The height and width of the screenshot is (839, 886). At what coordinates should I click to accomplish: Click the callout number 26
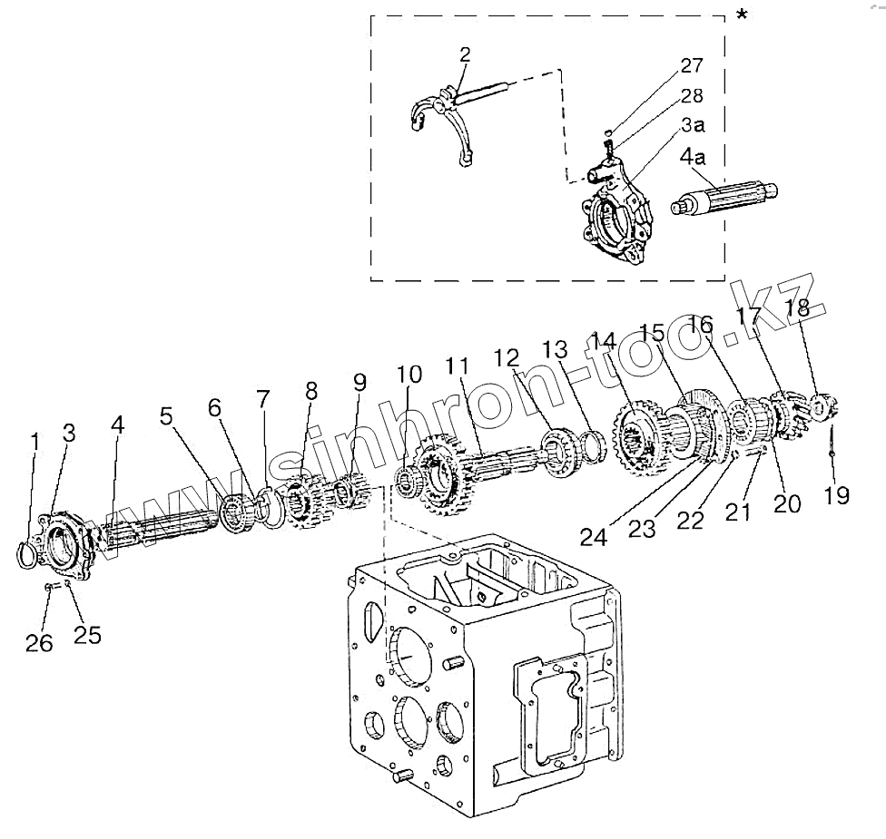[39, 642]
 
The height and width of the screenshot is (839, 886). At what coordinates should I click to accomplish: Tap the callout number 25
[87, 635]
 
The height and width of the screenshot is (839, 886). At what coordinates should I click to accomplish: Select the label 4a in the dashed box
[693, 156]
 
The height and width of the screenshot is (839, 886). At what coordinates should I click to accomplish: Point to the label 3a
[693, 124]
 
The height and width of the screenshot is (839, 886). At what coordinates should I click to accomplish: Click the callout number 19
[837, 495]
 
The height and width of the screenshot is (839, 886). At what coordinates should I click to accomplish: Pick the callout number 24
[594, 537]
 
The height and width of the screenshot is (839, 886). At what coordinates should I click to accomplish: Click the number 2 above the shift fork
[465, 54]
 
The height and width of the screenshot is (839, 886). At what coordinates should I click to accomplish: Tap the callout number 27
[692, 65]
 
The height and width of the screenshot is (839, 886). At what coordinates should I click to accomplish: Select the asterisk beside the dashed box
[742, 15]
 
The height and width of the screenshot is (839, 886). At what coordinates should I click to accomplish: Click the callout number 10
[409, 374]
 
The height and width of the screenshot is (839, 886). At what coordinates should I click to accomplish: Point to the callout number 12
[507, 357]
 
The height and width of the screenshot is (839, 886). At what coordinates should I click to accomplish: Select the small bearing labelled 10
[407, 482]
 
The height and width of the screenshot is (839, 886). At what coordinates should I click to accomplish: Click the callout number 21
[738, 512]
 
